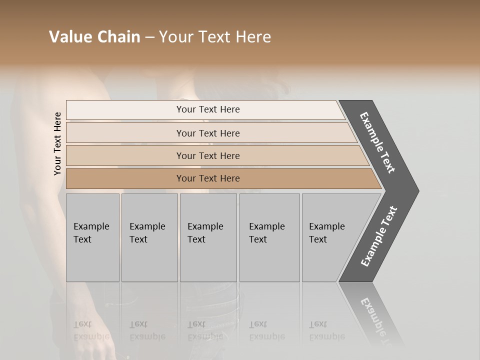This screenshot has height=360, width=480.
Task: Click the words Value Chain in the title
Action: [94, 37]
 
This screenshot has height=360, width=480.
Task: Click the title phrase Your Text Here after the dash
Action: [215, 37]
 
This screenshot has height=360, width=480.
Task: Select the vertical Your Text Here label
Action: [57, 143]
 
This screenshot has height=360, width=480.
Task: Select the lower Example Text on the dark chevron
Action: [379, 236]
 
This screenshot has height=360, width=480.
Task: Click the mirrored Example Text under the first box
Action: [91, 330]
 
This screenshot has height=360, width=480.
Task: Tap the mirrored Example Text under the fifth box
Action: [326, 330]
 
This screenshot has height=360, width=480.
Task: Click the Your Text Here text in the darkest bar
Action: [208, 178]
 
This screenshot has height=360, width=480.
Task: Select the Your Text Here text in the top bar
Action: [208, 109]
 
